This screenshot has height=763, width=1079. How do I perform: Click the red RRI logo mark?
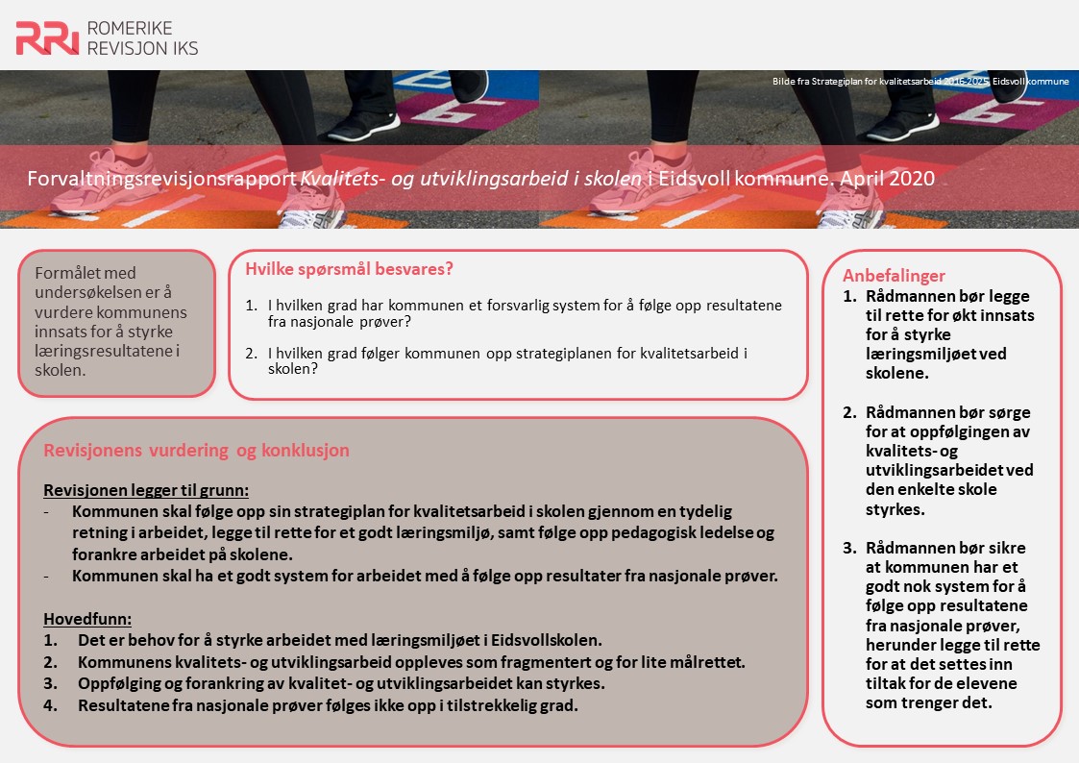point(46,37)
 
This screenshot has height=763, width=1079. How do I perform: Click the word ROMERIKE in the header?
point(129,28)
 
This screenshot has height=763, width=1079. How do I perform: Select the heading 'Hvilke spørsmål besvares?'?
point(349,269)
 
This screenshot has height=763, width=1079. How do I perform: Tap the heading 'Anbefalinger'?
point(894,276)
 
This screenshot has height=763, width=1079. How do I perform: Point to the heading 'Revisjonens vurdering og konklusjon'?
point(196,450)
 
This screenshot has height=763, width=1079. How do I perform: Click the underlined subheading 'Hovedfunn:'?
point(87,619)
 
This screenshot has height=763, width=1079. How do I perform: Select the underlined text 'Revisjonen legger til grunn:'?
point(146,489)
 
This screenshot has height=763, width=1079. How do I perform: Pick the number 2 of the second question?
point(250,353)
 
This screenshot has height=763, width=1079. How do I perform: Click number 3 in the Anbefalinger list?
point(848,548)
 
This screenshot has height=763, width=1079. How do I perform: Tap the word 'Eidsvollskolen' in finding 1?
point(545,639)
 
